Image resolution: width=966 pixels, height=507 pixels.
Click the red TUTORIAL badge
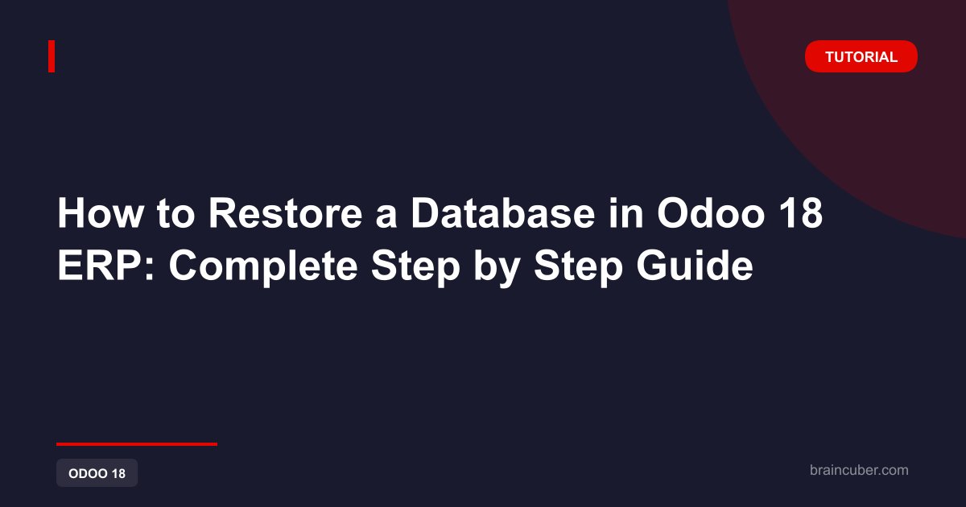pyautogui.click(x=861, y=56)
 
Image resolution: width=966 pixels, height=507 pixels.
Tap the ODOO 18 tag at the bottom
pyautogui.click(x=97, y=473)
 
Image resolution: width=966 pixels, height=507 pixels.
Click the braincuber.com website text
pyautogui.click(x=859, y=470)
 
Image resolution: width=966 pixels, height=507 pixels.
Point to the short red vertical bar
pyautogui.click(x=52, y=56)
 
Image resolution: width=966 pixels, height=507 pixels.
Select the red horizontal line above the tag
pyautogui.click(x=137, y=444)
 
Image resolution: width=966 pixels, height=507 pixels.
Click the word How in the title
pyautogui.click(x=101, y=213)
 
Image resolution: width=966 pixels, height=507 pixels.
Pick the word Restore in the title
pyautogui.click(x=286, y=213)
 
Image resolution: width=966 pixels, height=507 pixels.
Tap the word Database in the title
pyautogui.click(x=503, y=213)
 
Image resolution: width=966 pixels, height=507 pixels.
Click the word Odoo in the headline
pyautogui.click(x=711, y=213)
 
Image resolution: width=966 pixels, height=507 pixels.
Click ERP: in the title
pyautogui.click(x=105, y=266)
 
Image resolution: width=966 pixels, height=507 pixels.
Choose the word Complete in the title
pyautogui.click(x=263, y=268)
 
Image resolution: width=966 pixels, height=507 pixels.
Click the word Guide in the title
pyautogui.click(x=695, y=266)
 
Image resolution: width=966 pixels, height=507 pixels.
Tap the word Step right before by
pyautogui.click(x=415, y=268)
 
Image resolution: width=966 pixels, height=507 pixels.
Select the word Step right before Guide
pyautogui.click(x=578, y=268)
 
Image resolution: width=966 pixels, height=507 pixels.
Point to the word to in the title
pyautogui.click(x=176, y=214)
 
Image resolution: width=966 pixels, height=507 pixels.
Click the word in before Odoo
pyautogui.click(x=625, y=213)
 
